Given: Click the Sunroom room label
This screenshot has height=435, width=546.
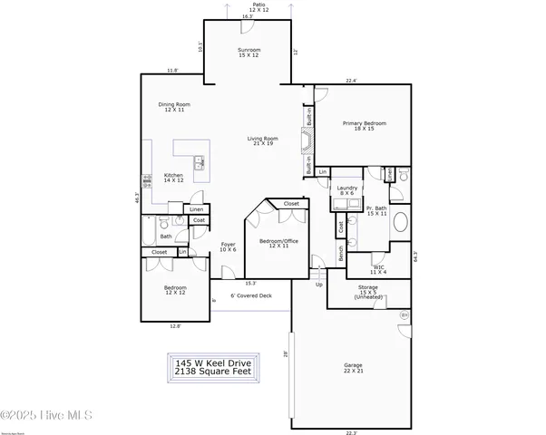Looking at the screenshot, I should point(248,53).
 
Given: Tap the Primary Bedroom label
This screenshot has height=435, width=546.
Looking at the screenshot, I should point(364,126).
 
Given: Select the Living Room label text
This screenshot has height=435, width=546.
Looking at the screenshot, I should point(263,141).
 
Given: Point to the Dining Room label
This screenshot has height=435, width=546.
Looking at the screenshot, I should point(174,107).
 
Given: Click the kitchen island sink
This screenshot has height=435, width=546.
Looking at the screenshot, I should point(197,164).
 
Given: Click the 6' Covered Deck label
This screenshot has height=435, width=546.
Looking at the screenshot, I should point(250,295).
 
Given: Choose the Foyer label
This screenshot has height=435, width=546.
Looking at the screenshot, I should point(228,246).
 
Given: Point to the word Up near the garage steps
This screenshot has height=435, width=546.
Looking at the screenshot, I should point(318,285).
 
